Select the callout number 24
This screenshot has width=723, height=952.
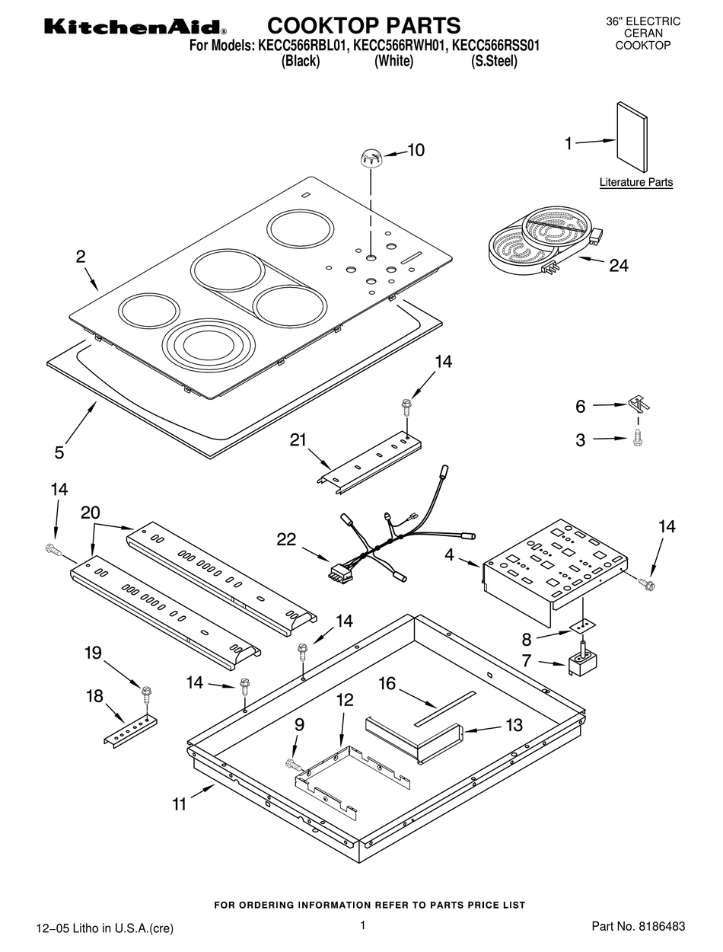pyautogui.click(x=618, y=266)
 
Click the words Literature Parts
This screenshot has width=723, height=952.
pyautogui.click(x=635, y=183)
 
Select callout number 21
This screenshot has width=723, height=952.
pyautogui.click(x=298, y=439)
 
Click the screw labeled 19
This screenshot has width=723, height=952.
pyautogui.click(x=146, y=693)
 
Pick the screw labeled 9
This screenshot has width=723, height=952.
pyautogui.click(x=292, y=762)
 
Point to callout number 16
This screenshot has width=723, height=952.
pyautogui.click(x=387, y=683)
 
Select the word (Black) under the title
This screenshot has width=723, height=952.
pyautogui.click(x=301, y=62)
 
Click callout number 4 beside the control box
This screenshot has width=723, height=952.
pyautogui.click(x=450, y=555)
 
